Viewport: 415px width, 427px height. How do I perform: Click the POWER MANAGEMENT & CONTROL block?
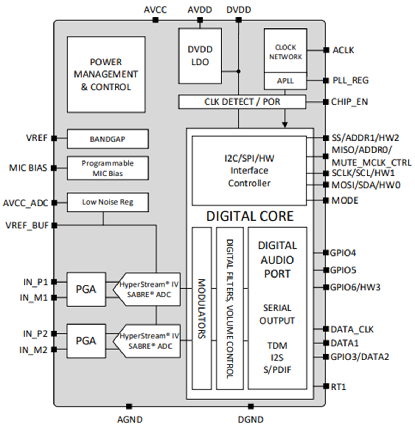(106, 74)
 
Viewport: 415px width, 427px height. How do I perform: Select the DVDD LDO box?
(200, 56)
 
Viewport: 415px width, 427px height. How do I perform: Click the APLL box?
(285, 81)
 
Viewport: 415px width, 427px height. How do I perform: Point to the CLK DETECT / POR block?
(242, 102)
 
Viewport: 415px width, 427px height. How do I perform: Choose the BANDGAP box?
(108, 139)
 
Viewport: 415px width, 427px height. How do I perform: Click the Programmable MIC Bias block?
(108, 168)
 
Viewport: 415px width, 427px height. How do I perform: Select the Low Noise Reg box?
(108, 202)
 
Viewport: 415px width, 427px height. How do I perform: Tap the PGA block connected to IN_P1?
(86, 289)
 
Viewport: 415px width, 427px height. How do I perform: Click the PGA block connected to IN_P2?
(86, 341)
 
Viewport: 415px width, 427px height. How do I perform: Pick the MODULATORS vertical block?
(202, 308)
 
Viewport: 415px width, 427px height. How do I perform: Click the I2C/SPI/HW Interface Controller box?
(249, 171)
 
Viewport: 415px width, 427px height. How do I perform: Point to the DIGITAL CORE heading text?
(250, 216)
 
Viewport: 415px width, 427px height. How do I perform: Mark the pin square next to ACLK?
(326, 51)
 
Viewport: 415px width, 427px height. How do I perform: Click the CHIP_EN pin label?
(349, 102)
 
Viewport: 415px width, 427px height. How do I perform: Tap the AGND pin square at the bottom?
(129, 406)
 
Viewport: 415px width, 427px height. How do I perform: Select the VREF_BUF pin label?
(27, 225)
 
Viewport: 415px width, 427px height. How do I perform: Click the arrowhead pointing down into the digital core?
(285, 125)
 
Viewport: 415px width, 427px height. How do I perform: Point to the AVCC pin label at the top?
(155, 10)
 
